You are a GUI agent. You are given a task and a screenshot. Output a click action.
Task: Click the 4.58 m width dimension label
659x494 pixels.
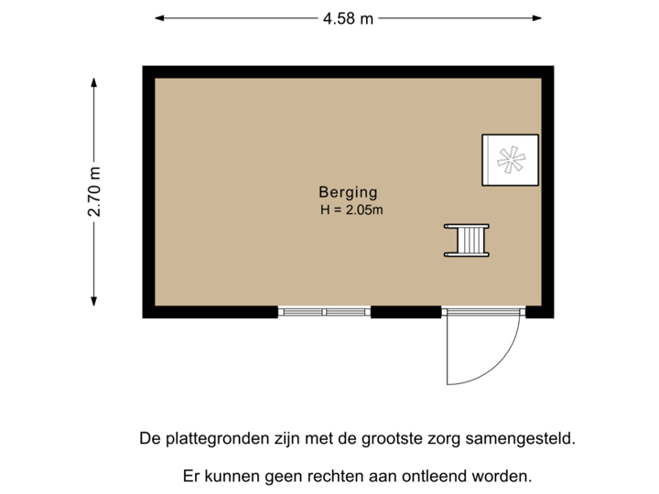click(348, 17)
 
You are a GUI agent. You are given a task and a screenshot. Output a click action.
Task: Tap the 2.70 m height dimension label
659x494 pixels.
click(94, 191)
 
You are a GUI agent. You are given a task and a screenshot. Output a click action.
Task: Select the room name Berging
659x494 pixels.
click(348, 192)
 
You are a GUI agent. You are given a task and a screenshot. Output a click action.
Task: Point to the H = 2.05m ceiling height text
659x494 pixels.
click(351, 210)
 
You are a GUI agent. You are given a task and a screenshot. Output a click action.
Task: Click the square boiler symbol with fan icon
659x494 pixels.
click(510, 160)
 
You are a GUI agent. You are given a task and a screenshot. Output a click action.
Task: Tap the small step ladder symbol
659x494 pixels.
click(467, 241)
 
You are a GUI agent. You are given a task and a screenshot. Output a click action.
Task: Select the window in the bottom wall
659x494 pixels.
click(324, 313)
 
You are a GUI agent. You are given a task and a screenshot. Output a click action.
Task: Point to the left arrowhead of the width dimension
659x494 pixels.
click(158, 17)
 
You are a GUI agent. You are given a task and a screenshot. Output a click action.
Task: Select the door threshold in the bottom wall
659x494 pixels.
click(483, 313)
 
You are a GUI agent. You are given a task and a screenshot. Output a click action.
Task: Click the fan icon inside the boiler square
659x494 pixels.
click(510, 161)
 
